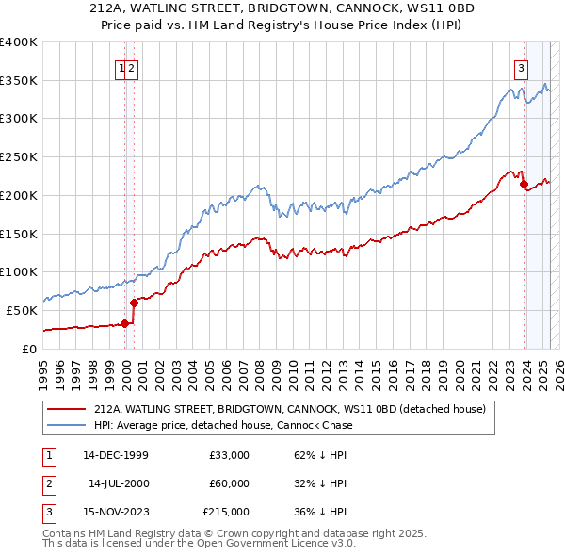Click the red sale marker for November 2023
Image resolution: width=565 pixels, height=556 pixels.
(x=524, y=184)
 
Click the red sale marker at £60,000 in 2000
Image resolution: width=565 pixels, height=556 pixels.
(x=134, y=303)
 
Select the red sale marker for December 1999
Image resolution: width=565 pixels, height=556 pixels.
(x=124, y=323)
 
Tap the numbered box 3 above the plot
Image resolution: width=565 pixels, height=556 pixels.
(x=521, y=67)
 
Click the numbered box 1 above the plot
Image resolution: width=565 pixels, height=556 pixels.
(x=121, y=67)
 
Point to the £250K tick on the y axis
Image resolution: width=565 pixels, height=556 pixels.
(x=19, y=157)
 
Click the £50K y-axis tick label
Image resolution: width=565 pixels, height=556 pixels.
(x=22, y=310)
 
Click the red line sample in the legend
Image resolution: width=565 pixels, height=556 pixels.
(x=66, y=409)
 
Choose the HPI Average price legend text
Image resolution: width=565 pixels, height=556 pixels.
(x=222, y=425)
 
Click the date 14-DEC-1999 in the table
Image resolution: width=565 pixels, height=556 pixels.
(x=116, y=455)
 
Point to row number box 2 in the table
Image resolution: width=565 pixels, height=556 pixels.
(x=48, y=483)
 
